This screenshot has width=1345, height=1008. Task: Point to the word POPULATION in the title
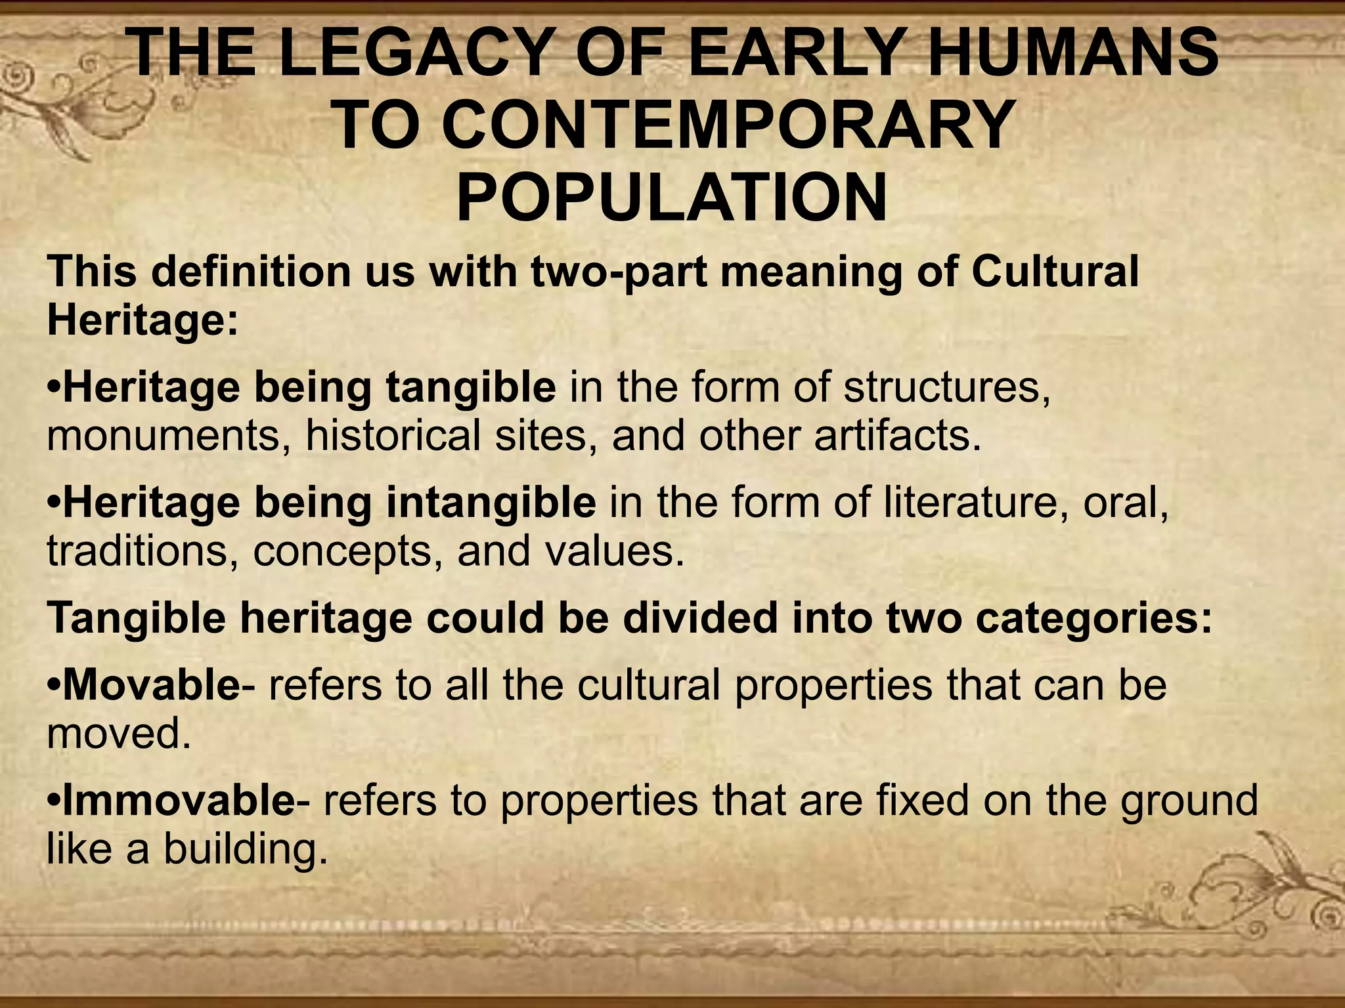672,196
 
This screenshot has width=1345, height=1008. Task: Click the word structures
946,387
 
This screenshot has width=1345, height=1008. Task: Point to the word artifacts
897,436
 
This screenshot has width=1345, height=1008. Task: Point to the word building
245,850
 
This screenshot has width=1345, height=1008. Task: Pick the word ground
1189,802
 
